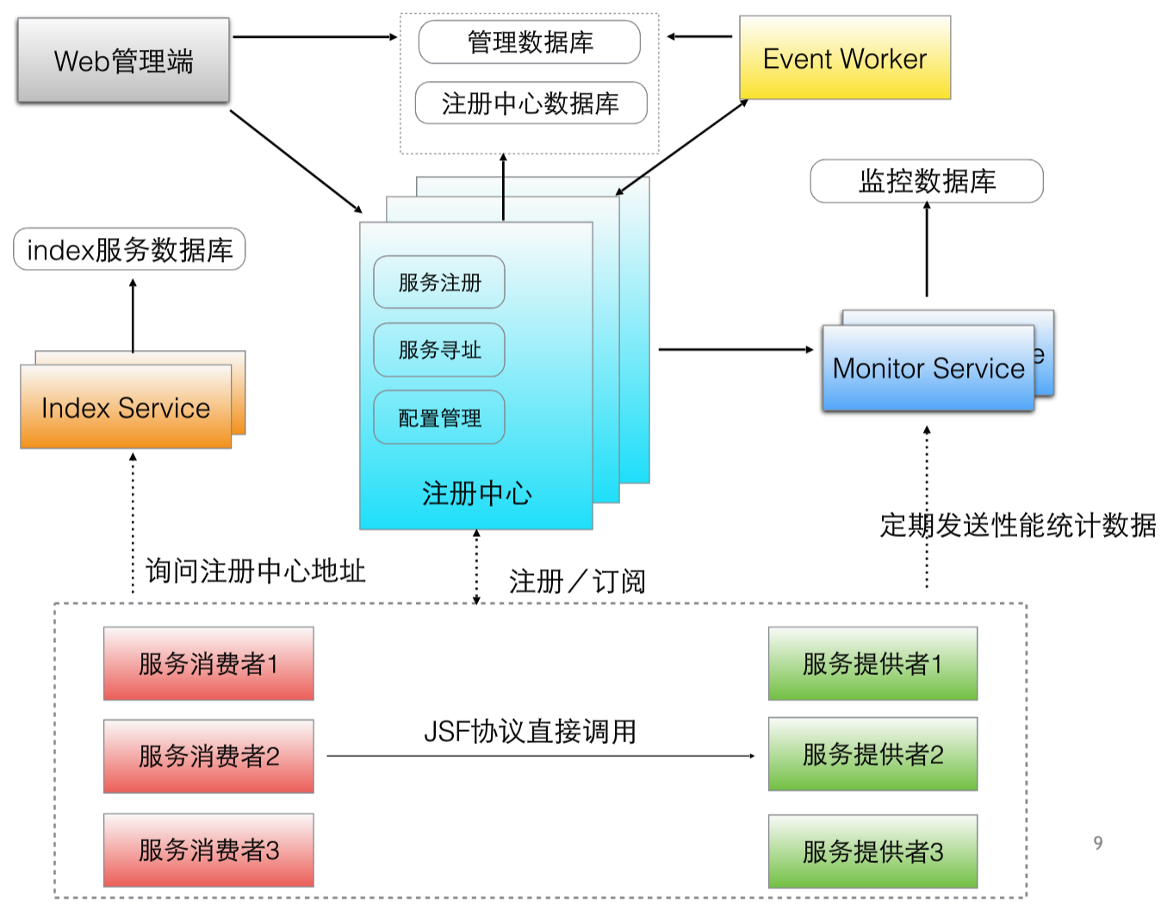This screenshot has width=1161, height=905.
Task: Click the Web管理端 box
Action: click(x=123, y=60)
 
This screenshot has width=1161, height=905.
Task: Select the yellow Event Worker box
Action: click(x=845, y=58)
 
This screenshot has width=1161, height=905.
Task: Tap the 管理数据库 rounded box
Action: click(x=529, y=42)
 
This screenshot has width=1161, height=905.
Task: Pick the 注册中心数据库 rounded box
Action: click(x=531, y=103)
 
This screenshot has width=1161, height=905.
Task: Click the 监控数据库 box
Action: click(x=927, y=181)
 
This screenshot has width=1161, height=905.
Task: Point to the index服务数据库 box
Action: click(x=129, y=250)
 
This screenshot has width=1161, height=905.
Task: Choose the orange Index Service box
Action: click(x=126, y=407)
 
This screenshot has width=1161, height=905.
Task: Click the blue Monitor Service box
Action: click(x=928, y=368)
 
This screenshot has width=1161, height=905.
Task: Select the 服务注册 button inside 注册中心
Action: click(x=439, y=283)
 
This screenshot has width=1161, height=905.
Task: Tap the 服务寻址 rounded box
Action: click(x=439, y=350)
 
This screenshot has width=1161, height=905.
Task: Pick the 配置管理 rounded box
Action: click(x=439, y=418)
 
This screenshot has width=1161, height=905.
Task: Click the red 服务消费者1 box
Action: click(x=208, y=664)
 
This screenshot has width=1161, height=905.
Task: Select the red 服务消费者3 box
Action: click(x=208, y=851)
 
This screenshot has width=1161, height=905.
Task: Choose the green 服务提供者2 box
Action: click(x=872, y=754)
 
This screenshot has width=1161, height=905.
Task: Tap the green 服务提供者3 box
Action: click(x=872, y=852)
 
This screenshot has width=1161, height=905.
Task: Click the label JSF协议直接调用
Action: click(x=530, y=732)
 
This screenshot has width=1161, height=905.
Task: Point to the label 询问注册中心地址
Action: click(x=255, y=571)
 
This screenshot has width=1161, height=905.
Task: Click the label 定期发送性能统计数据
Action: click(x=1018, y=525)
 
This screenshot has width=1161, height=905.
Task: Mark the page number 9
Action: click(x=1097, y=843)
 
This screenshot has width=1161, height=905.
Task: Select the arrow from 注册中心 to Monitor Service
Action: click(x=736, y=350)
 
